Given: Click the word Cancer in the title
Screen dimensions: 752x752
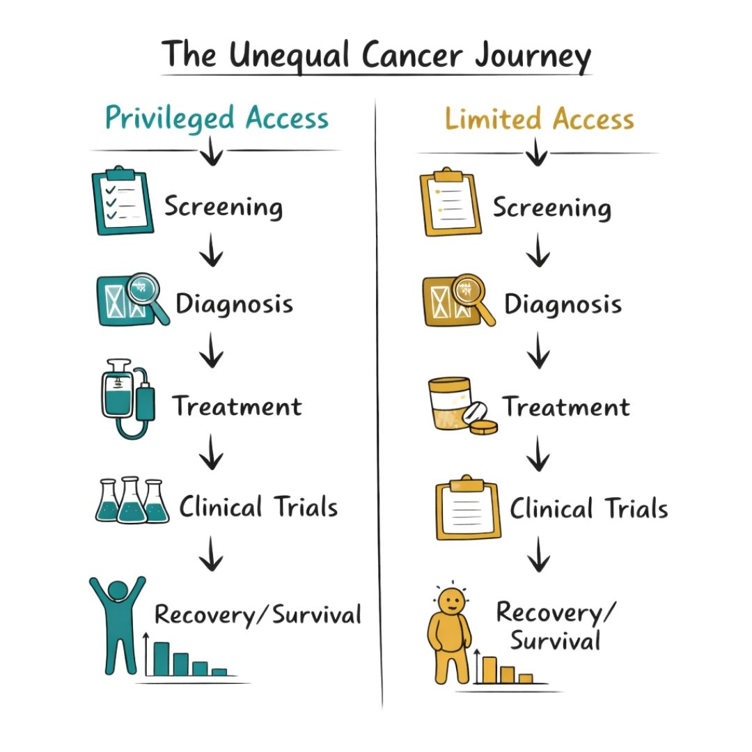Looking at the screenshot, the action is [x=412, y=55].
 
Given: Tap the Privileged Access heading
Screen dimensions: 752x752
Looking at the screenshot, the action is [x=217, y=118].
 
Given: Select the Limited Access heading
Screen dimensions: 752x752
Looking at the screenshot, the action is [x=540, y=119].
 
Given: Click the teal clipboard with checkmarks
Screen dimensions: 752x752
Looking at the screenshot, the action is [x=123, y=201].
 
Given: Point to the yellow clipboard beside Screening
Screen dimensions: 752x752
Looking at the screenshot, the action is [x=451, y=202].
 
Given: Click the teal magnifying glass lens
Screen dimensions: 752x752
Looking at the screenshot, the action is [x=143, y=288].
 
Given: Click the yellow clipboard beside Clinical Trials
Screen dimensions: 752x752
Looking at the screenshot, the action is [x=468, y=508].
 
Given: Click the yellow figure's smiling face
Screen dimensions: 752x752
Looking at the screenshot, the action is [x=451, y=602].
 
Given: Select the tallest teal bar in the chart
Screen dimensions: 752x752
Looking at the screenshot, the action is [x=161, y=659].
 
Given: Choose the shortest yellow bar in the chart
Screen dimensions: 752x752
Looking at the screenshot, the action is [x=526, y=678].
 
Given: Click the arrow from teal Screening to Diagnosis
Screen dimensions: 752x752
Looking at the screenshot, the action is [x=211, y=250].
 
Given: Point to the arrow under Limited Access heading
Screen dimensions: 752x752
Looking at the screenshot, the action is [x=536, y=152].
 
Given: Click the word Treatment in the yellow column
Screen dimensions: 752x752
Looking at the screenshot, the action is [x=565, y=407].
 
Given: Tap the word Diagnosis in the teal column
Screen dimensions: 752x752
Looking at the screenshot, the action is [x=234, y=304].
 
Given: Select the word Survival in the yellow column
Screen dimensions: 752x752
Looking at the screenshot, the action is [x=555, y=641].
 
